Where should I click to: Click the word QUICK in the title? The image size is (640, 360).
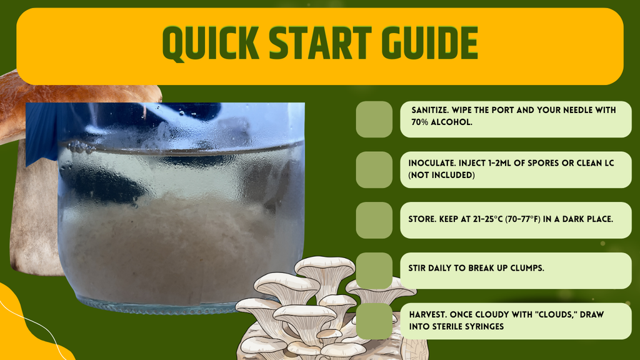point(211,43)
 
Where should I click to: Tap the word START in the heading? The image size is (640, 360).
point(320,43)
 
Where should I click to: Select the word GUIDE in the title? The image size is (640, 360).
point(429,43)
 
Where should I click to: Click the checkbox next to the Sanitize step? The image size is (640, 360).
point(374,119)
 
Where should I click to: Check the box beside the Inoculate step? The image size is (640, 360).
point(374,170)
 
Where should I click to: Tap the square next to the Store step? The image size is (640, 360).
point(374,221)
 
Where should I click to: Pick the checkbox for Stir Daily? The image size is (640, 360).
point(374,271)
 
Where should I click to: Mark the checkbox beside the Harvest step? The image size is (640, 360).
point(374,321)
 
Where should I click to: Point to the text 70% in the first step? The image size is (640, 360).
point(420,122)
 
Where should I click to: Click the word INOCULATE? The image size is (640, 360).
point(432,163)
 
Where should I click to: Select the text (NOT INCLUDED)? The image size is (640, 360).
point(442,175)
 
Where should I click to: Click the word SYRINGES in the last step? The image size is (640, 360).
point(485,326)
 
